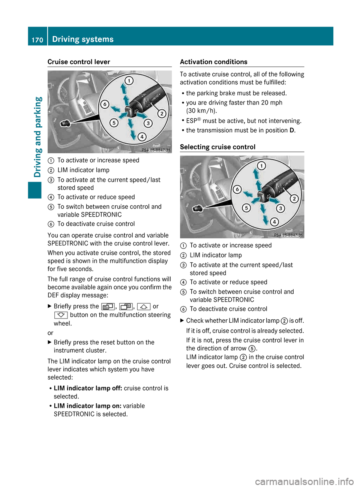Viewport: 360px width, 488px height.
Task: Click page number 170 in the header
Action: click(x=37, y=40)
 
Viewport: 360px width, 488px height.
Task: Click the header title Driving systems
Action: click(x=83, y=39)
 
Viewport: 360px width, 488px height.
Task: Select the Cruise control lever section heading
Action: click(x=79, y=62)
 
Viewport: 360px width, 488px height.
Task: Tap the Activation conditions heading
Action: click(x=213, y=62)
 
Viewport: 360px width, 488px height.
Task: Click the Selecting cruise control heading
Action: click(x=217, y=147)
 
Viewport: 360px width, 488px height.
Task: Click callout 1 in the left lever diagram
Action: click(x=129, y=81)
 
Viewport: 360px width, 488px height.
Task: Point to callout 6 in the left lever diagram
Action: click(x=105, y=105)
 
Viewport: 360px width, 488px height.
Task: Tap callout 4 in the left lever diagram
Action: click(x=142, y=137)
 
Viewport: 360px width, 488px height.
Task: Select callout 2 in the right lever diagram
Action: click(x=294, y=199)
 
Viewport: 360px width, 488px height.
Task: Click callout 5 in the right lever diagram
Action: click(x=246, y=208)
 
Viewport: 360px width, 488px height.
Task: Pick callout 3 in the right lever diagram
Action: click(x=280, y=208)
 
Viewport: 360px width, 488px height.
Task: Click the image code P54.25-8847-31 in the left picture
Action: click(x=156, y=150)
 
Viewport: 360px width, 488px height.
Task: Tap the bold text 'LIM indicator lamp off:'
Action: click(x=88, y=388)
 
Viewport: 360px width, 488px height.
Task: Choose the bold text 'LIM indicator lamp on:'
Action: click(x=87, y=406)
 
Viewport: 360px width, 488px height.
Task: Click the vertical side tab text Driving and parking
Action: click(x=38, y=137)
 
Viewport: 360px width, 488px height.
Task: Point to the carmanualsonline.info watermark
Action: click(x=304, y=481)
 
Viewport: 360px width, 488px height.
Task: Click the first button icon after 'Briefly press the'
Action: click(x=108, y=307)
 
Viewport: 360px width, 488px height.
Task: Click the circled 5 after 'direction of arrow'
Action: click(x=252, y=349)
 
